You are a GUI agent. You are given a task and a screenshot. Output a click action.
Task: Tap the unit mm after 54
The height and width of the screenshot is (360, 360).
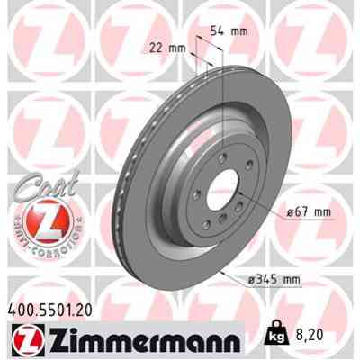pyautogui.click(x=238, y=31)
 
